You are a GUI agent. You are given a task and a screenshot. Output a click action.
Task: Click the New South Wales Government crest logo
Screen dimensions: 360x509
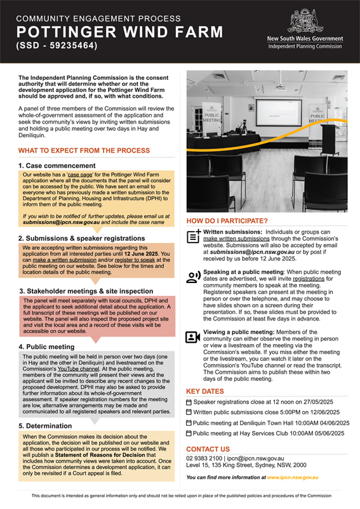[305, 21]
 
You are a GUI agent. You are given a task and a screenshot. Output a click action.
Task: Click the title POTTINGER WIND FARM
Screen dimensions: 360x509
[120, 32]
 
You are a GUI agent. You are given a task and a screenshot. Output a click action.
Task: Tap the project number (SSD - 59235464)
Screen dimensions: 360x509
[57, 46]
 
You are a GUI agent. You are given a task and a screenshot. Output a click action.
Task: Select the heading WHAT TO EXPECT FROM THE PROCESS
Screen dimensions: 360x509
[84, 150]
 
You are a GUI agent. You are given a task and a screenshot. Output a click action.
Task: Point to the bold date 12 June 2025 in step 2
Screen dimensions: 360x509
[141, 253]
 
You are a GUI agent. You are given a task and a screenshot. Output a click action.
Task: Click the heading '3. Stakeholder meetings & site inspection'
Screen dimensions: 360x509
[86, 291]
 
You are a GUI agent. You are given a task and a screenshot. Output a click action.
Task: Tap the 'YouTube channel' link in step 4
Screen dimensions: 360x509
[78, 369]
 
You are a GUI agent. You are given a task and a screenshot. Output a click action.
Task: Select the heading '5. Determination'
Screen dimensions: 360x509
[45, 426]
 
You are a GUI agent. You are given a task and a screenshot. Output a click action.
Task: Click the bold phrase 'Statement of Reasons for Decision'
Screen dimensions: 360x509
[100, 455]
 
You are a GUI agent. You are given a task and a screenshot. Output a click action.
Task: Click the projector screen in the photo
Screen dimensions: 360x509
[279, 112]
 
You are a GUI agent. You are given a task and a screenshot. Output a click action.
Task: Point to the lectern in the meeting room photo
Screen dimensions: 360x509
[330, 140]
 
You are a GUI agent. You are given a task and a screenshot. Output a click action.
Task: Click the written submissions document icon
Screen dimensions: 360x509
[194, 236]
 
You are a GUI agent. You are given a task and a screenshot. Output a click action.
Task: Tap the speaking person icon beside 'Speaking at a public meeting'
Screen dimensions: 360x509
[194, 277]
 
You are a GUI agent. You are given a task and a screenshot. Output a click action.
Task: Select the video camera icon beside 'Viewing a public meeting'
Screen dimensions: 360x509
[193, 337]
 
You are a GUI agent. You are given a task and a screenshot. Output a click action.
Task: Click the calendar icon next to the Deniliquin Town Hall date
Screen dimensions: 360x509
[189, 423]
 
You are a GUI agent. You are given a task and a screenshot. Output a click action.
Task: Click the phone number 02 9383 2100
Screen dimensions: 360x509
[204, 458]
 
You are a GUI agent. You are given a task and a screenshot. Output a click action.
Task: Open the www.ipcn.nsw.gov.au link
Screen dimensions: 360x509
[293, 477]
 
